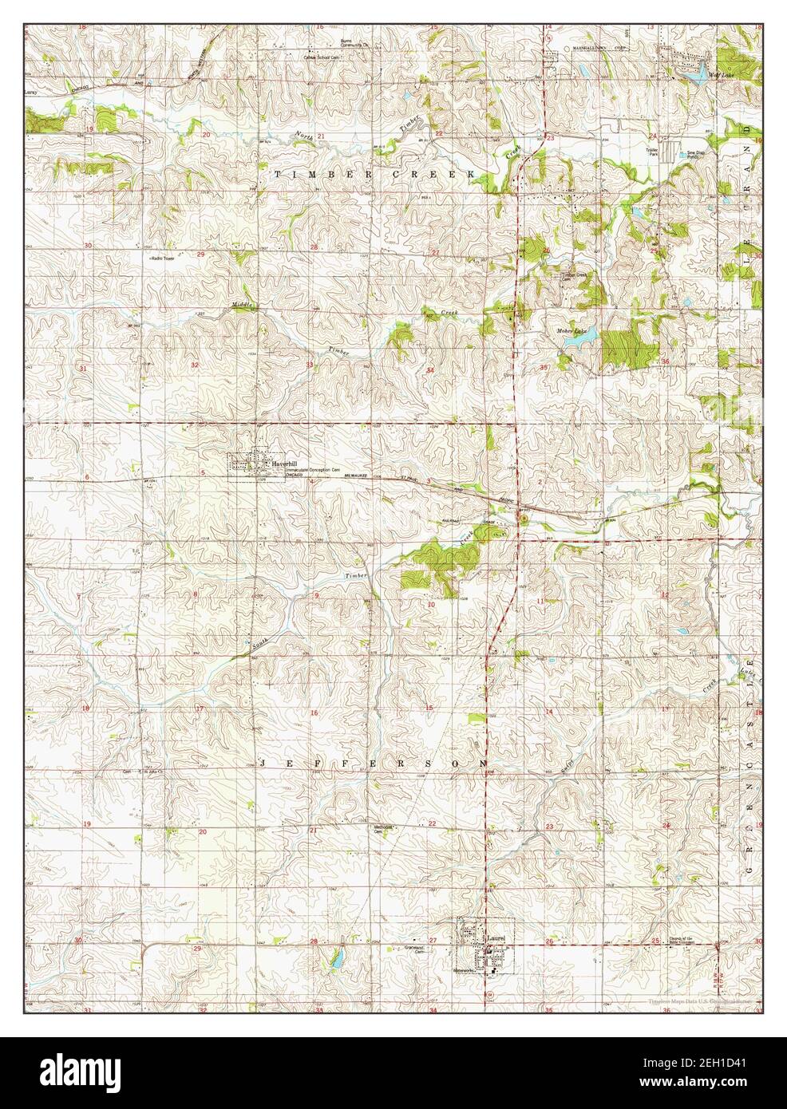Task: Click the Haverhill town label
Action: (284, 464)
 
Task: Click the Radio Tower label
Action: (161, 258)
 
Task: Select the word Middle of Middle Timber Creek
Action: (242, 304)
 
